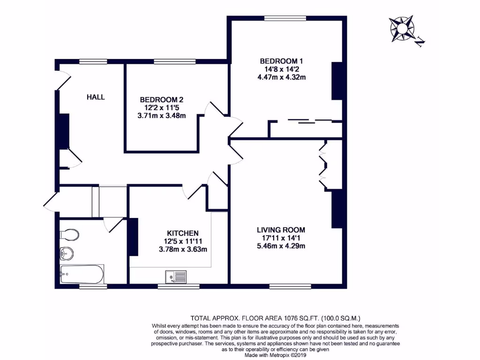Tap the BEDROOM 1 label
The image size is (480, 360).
coord(279,61)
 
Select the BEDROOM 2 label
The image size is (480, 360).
coord(161,100)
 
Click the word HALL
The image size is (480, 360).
coord(96,97)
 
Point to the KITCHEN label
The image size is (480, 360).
coord(183,233)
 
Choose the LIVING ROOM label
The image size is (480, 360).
coord(281,230)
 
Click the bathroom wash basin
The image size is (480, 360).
coord(67,254)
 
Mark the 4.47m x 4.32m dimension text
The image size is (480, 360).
coord(279,77)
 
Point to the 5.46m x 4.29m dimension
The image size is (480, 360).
coord(281,246)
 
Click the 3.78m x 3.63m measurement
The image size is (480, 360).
coord(183,249)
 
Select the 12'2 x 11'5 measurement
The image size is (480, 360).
coord(161,108)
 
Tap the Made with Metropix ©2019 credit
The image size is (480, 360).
coord(275,355)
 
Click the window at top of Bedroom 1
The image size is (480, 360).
coord(285,18)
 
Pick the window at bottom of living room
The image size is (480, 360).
coord(290,286)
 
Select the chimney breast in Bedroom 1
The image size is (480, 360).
coord(337,81)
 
